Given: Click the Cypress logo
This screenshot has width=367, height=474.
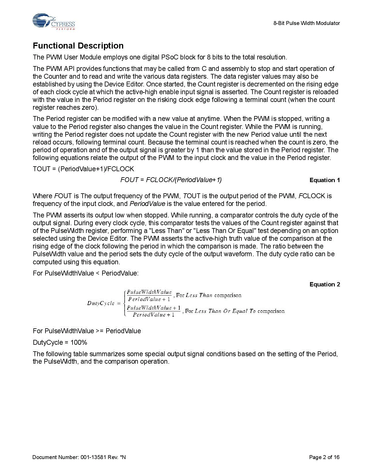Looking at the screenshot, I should tap(54, 22).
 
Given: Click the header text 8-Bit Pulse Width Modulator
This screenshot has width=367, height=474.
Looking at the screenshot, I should tap(307, 23).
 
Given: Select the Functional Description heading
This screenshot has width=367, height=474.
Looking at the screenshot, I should tap(78, 46).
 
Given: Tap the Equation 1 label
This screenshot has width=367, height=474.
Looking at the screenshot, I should tap(324, 180).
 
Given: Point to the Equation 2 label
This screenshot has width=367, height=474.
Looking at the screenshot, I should tap(324, 284).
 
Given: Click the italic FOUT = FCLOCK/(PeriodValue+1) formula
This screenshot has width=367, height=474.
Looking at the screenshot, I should tap(171, 180).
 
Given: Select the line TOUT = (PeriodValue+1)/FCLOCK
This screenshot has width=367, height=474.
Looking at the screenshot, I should tap(83, 169).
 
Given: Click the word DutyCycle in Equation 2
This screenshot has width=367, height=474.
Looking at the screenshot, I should tap(101, 303).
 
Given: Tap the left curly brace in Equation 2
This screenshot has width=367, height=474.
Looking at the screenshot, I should tap(124, 303).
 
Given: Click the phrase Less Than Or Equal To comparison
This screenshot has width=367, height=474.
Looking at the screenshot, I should tap(239, 311).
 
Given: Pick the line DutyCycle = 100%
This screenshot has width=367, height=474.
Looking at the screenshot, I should tap(60, 342).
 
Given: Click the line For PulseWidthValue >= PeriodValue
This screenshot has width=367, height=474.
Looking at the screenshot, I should tap(87, 331).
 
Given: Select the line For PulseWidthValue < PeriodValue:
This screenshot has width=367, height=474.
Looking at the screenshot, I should tap(85, 273).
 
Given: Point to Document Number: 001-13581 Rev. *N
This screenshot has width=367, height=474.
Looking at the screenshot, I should tap(79, 457).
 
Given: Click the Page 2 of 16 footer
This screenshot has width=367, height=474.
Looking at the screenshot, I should tap(324, 457).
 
